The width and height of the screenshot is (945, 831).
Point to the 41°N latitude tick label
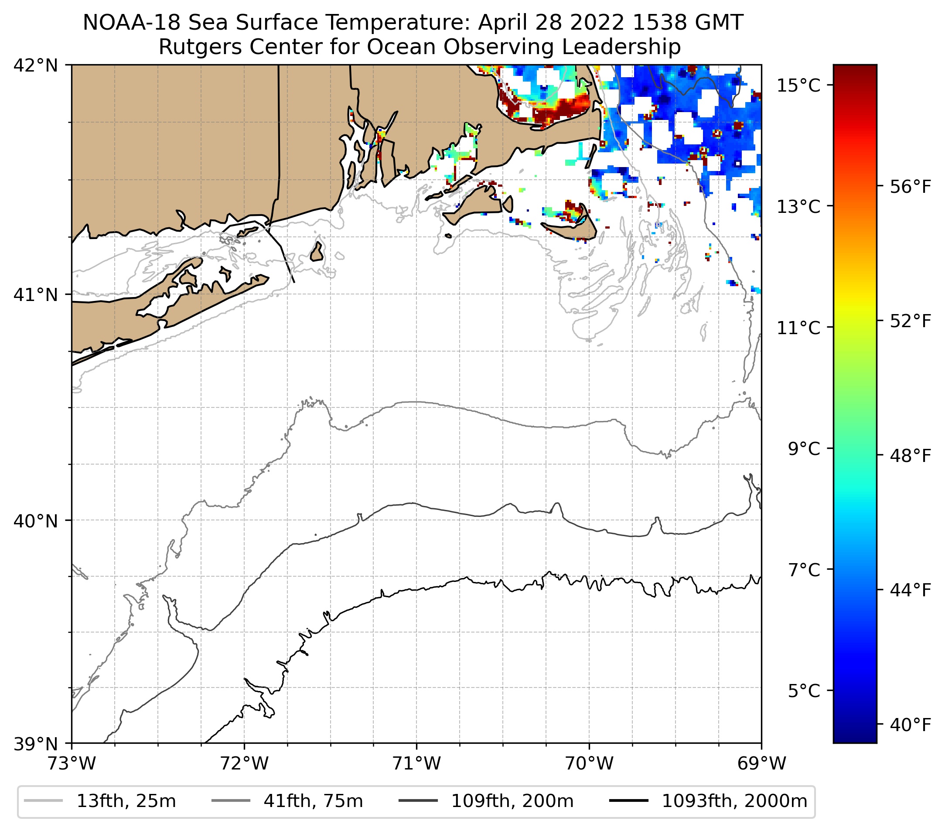36,294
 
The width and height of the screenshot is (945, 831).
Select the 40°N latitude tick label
36,521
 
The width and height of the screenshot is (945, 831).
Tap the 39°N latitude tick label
36,744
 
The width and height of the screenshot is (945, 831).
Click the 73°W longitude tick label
72,763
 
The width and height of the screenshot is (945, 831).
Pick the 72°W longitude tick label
244,763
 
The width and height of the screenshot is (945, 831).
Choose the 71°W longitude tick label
416,763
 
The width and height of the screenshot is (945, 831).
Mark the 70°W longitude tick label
589,763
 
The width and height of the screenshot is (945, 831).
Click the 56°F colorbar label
910,187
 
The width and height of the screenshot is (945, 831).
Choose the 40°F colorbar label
910,725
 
